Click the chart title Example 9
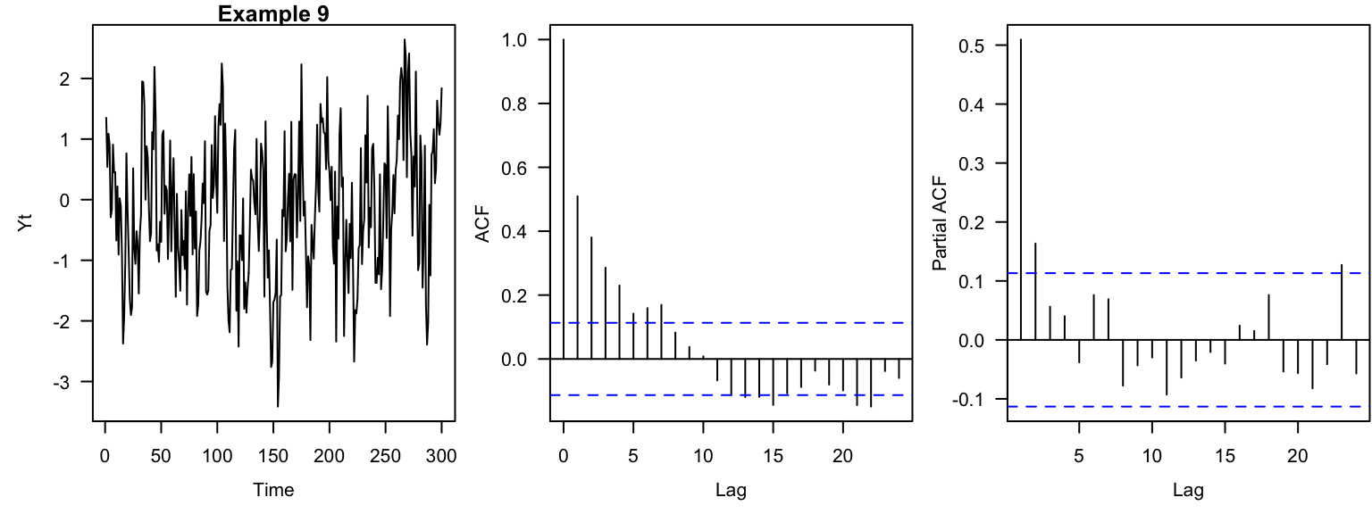coord(274,13)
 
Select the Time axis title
coord(273,489)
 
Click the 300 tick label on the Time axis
coord(441,456)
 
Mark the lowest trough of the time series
coord(278,407)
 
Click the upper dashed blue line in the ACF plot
coord(732,322)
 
